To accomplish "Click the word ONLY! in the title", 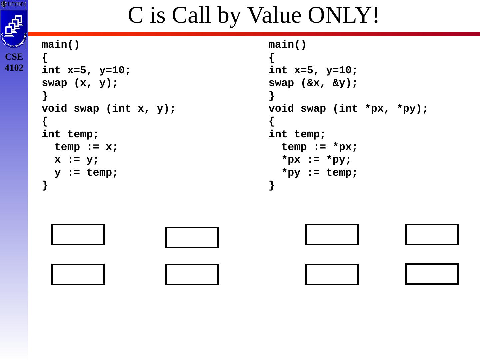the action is click(x=343, y=15).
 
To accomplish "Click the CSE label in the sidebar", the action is click(x=14, y=57).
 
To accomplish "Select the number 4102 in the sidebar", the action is click(x=14, y=68).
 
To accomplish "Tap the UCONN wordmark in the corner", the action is click(x=13, y=4).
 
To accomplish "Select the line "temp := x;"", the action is click(x=86, y=147).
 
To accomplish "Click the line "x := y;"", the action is click(x=77, y=160).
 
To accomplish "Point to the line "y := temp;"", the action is click(x=86, y=173).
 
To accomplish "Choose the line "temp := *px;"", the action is click(x=319, y=147).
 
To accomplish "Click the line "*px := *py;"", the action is click(x=316, y=160).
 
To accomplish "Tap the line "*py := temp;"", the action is click(x=319, y=173).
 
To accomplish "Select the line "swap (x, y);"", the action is click(x=80, y=83).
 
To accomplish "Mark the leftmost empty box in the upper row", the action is click(x=78, y=235).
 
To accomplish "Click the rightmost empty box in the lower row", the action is click(x=432, y=274).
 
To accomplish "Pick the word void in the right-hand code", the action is click(x=281, y=109).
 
